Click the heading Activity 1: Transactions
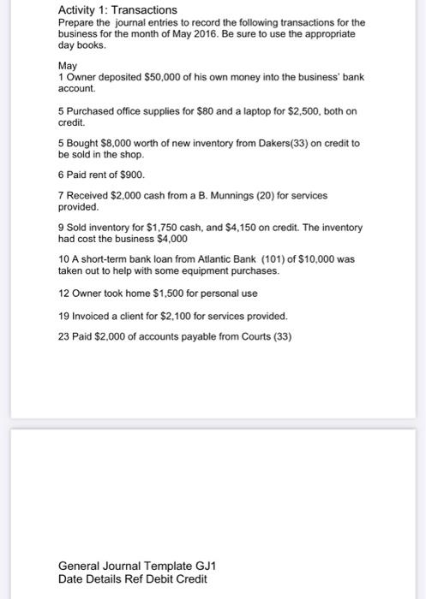pyautogui.click(x=111, y=9)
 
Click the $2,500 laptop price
pyautogui.click(x=282, y=110)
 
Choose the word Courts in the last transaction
pyautogui.click(x=259, y=336)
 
